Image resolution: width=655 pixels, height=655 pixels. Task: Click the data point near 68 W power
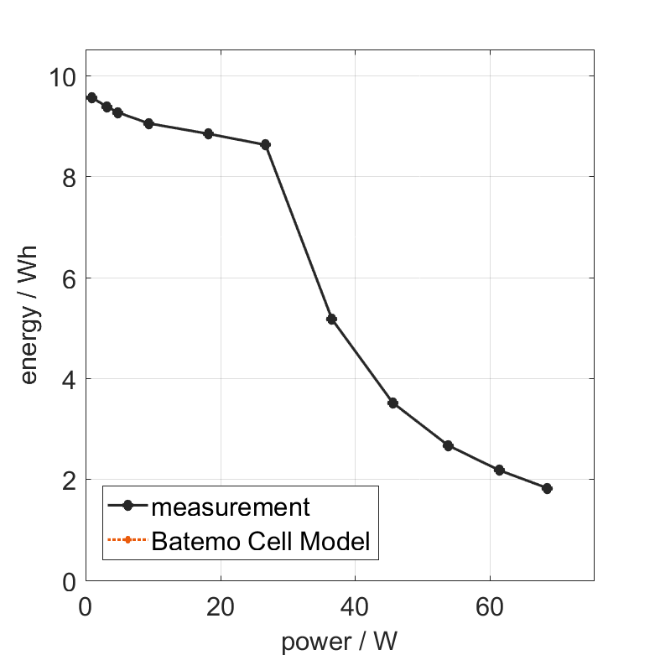[547, 488]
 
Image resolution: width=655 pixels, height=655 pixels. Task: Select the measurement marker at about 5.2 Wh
[331, 319]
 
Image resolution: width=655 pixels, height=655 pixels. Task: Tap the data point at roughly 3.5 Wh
[392, 403]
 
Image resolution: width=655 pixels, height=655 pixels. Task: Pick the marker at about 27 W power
[266, 144]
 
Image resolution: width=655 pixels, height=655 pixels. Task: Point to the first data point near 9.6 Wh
[91, 97]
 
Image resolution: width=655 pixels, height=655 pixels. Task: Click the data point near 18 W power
[208, 133]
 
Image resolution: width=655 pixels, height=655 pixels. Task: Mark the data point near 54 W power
[448, 445]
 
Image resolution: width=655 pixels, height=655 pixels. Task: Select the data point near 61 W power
[499, 470]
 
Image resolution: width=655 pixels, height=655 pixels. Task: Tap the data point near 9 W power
[148, 123]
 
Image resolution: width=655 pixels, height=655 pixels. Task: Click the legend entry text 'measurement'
[231, 507]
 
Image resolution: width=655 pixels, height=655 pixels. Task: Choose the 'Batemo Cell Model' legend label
[261, 541]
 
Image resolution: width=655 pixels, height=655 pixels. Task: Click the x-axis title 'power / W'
[339, 642]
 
